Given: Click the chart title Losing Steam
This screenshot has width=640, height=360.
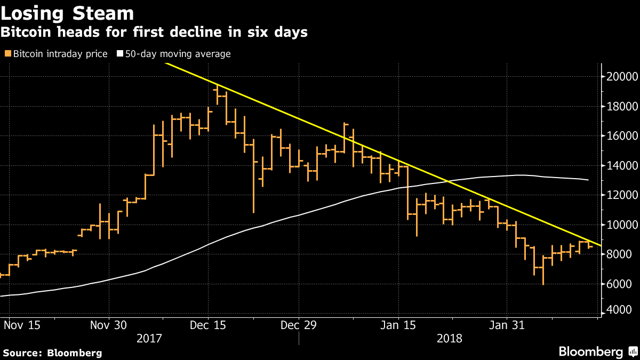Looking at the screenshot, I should click(x=67, y=12).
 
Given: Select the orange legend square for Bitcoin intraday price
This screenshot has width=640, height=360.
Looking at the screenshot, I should click(x=7, y=54).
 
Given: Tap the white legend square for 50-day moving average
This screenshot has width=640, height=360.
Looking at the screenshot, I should click(x=120, y=54).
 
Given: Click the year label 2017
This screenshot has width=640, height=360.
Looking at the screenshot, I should click(x=150, y=338).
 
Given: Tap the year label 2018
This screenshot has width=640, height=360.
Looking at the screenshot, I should click(x=449, y=338).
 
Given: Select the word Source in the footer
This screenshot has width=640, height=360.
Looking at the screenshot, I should click(x=23, y=353).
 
